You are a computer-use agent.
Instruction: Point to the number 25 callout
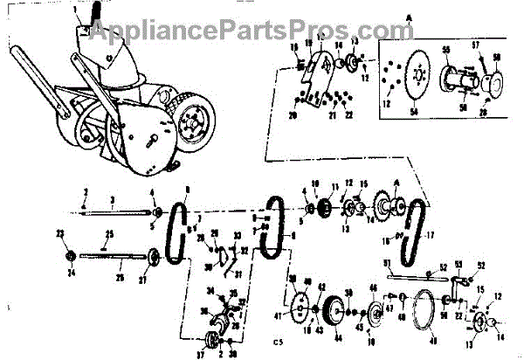point(110,234)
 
